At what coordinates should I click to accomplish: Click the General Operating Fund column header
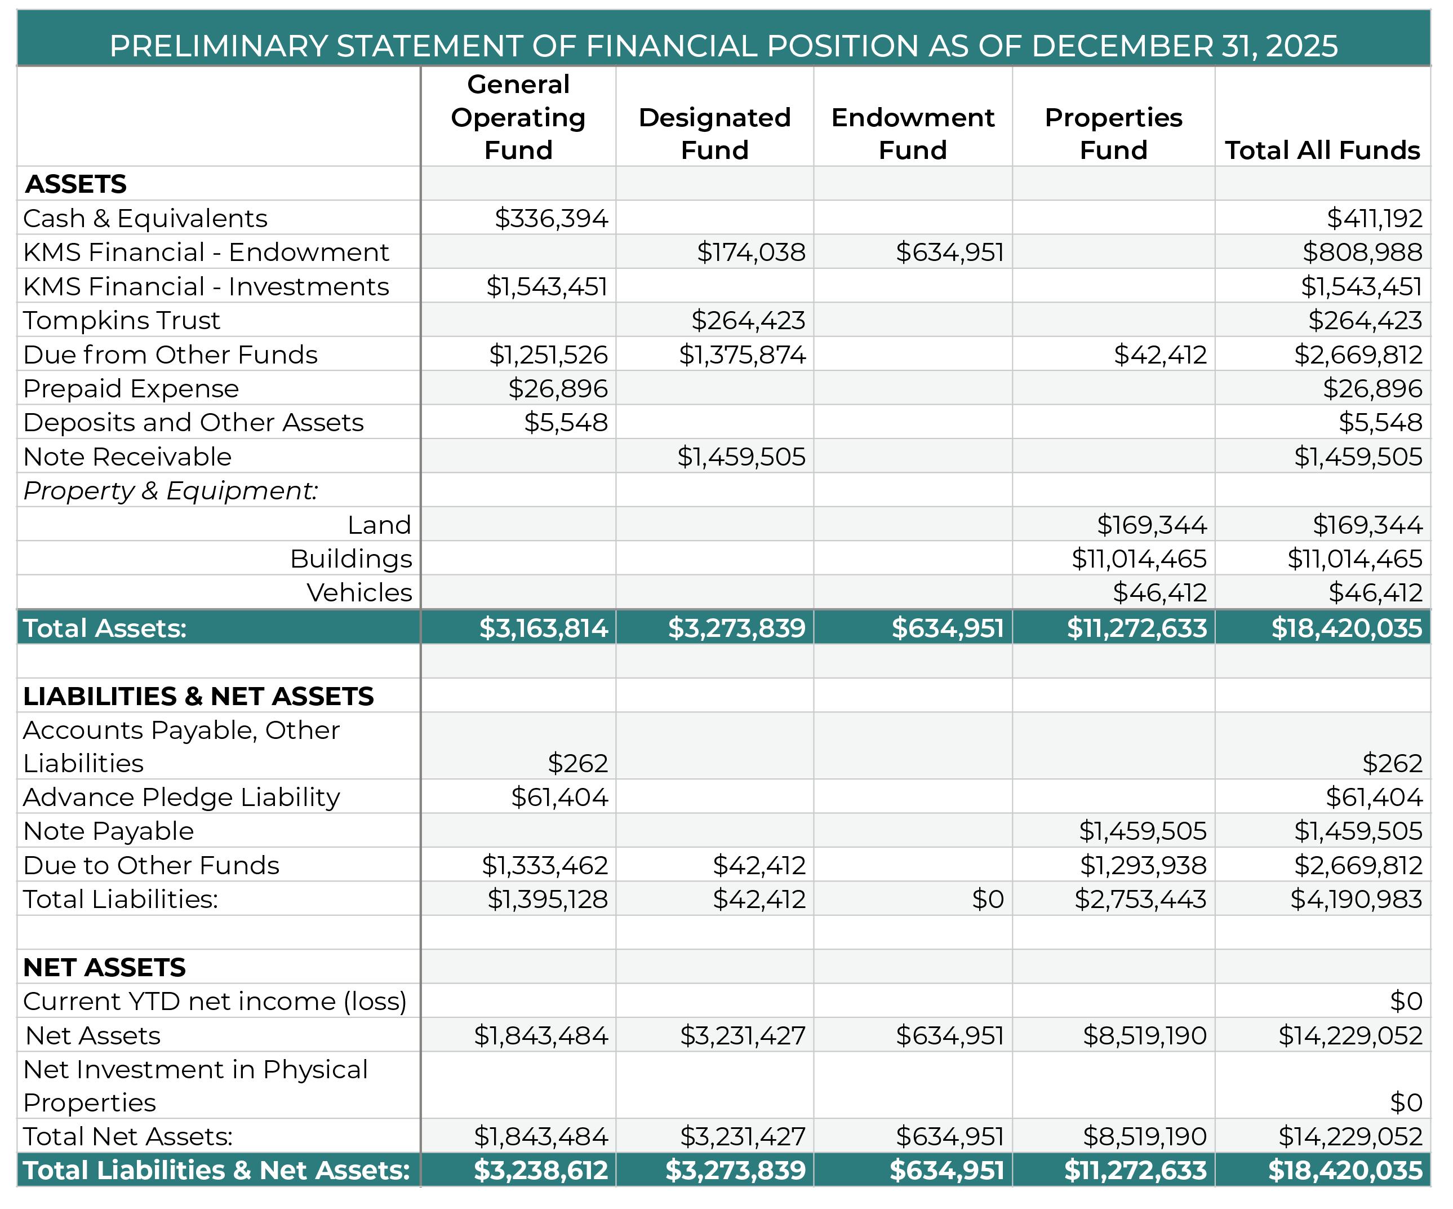tap(518, 117)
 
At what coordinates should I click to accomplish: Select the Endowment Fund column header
tap(913, 134)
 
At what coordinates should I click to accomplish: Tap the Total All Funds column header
tap(1322, 150)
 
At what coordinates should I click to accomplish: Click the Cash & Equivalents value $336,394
tap(552, 218)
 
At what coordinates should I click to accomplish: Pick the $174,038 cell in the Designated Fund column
tap(750, 252)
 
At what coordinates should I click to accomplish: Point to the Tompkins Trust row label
tap(122, 320)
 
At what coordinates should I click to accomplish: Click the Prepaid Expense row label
tap(131, 388)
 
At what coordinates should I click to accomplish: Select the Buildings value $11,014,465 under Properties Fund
tap(1139, 559)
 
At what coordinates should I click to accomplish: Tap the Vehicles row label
tap(359, 592)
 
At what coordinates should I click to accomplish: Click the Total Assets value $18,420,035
tap(1347, 628)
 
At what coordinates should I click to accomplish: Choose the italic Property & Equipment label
tap(171, 491)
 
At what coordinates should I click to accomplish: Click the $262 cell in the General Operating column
tap(577, 763)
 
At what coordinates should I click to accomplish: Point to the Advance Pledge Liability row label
tap(182, 797)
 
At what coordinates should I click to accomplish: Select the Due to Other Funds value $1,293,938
tap(1143, 865)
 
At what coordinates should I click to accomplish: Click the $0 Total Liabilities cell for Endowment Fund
tap(987, 899)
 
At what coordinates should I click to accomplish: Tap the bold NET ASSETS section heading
tap(104, 967)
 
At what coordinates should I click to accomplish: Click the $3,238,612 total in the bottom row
tap(540, 1170)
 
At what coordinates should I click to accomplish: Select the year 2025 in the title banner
tap(1301, 46)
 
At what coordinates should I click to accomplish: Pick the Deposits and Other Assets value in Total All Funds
tap(1380, 422)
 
